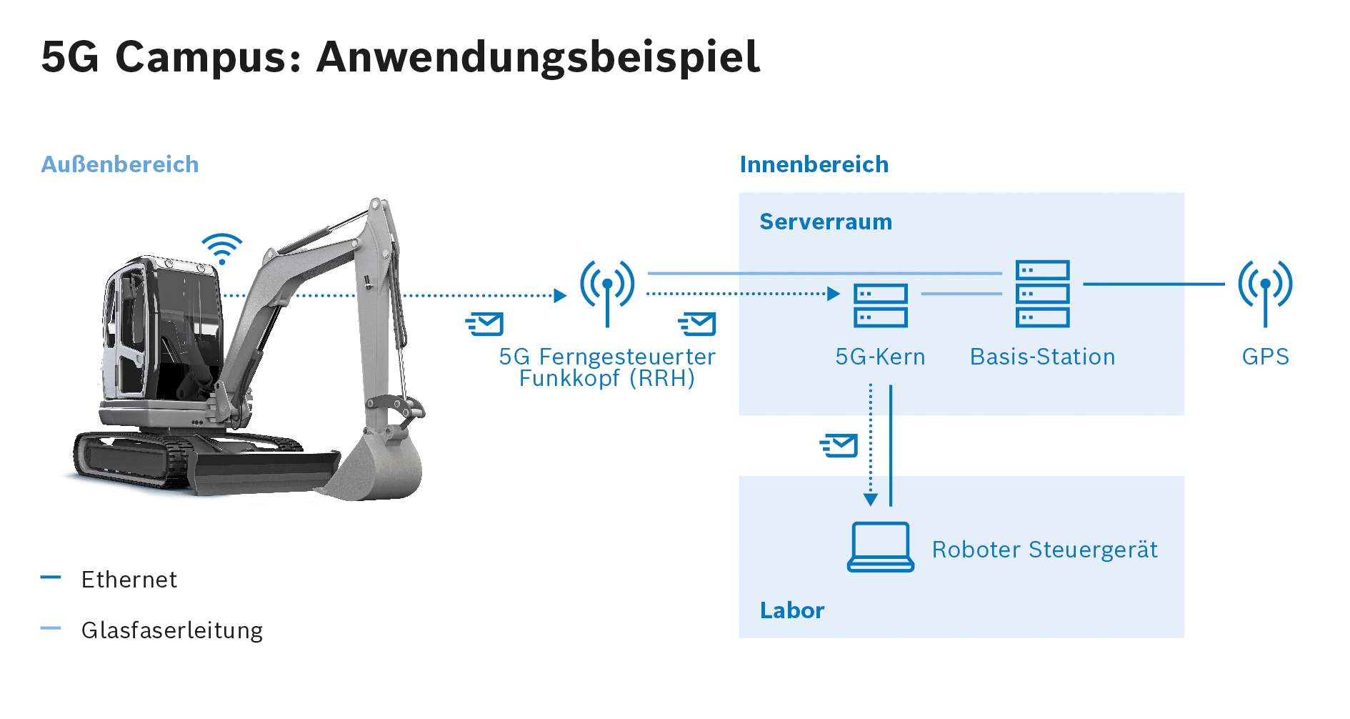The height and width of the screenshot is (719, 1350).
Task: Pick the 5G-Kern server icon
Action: click(x=881, y=305)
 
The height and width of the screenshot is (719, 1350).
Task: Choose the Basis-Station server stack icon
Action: click(x=1043, y=293)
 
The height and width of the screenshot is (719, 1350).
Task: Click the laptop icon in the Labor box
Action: click(x=881, y=547)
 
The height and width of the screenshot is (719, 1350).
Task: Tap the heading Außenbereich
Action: click(x=120, y=164)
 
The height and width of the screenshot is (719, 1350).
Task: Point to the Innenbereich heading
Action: click(x=814, y=164)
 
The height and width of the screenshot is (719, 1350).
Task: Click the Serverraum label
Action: click(x=826, y=222)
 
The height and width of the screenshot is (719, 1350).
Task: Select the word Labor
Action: click(x=792, y=610)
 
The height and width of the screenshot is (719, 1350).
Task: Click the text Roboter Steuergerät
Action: click(x=1045, y=550)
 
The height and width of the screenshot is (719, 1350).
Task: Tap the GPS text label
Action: click(x=1266, y=357)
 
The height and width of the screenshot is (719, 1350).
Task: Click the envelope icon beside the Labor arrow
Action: click(x=839, y=445)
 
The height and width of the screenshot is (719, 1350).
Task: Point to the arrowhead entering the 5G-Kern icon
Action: click(x=834, y=294)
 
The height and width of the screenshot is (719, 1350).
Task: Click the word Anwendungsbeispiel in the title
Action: click(x=539, y=57)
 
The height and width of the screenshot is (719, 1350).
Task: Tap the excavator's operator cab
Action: click(x=161, y=332)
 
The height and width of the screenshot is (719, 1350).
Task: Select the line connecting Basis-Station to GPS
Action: click(x=1154, y=284)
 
